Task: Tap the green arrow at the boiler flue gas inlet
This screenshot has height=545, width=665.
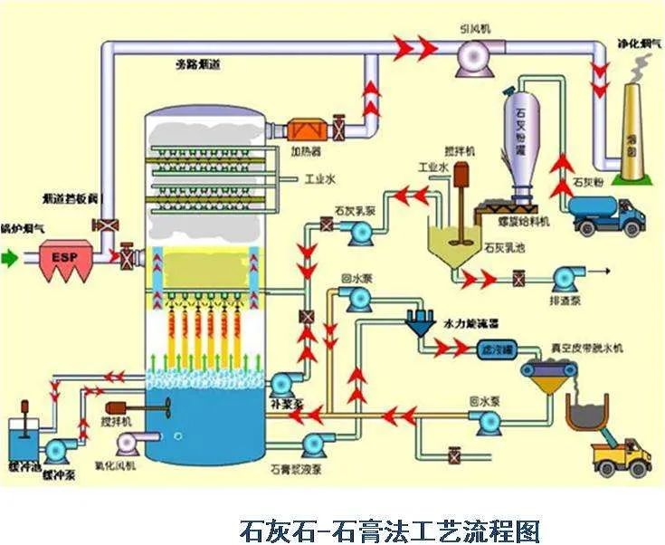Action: [10, 258]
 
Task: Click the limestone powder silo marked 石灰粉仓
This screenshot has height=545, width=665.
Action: [520, 136]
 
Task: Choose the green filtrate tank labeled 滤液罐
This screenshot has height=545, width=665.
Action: [496, 348]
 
